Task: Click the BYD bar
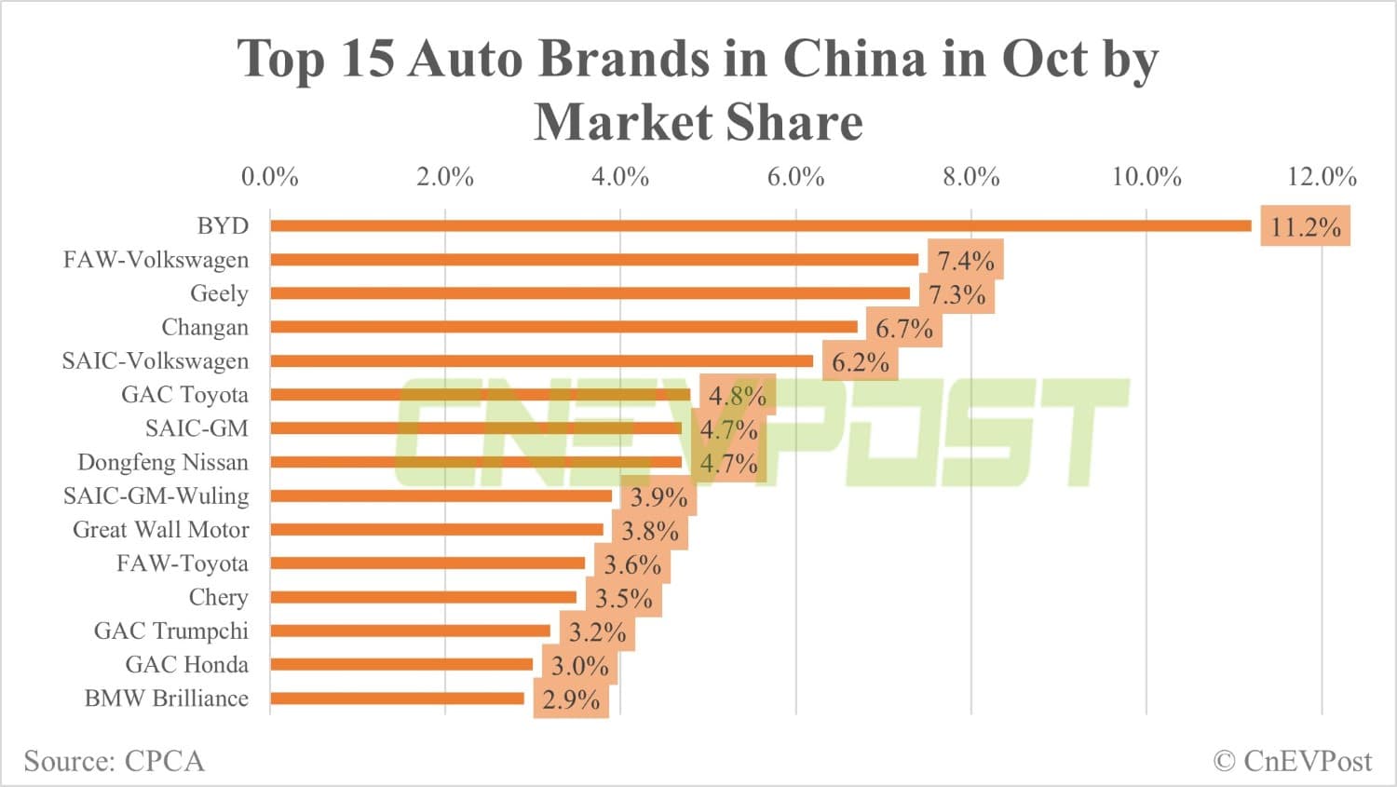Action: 760,225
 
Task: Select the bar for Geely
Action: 590,293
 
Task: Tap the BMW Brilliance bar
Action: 397,699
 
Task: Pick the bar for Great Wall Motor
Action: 437,529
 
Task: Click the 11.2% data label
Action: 1305,226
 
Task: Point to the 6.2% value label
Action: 860,361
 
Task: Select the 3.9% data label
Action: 658,496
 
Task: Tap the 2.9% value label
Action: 571,699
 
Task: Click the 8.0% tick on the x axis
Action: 970,176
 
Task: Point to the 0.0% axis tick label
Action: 270,176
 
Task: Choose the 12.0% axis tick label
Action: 1322,176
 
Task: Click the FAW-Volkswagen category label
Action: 156,259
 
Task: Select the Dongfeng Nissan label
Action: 163,462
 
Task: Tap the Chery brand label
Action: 218,597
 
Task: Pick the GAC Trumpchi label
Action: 171,631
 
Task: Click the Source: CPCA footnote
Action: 114,761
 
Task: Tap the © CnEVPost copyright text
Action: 1293,761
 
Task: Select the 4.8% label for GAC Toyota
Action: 737,395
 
